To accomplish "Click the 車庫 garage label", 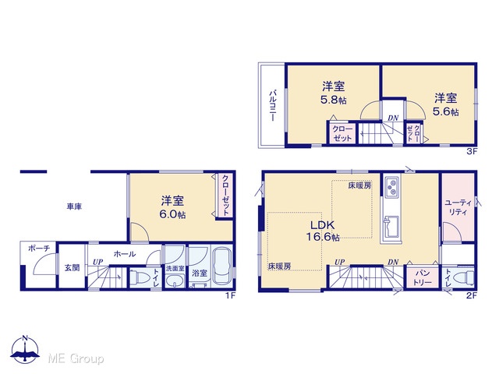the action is [74, 206].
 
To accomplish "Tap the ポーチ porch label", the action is [39, 248].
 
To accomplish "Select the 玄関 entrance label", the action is [73, 268].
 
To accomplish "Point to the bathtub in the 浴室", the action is [222, 266].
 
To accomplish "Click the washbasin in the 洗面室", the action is [174, 280].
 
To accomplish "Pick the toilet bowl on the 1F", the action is [140, 277].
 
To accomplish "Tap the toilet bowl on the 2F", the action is [465, 277].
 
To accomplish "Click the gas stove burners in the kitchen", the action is [391, 187].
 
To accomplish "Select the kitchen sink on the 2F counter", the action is [391, 227].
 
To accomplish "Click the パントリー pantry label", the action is [422, 277].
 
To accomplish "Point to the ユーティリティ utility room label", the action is [458, 207].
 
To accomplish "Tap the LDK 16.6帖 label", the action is [323, 231].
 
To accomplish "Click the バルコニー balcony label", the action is [273, 106].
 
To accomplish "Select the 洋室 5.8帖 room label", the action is [333, 93].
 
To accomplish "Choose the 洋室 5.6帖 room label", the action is [445, 104].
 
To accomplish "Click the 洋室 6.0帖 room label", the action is [172, 207].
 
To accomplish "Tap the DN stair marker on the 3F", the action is [393, 118].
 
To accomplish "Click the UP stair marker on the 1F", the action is [98, 262].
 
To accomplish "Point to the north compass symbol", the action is [25, 349].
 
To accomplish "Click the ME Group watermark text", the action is [76, 359].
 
